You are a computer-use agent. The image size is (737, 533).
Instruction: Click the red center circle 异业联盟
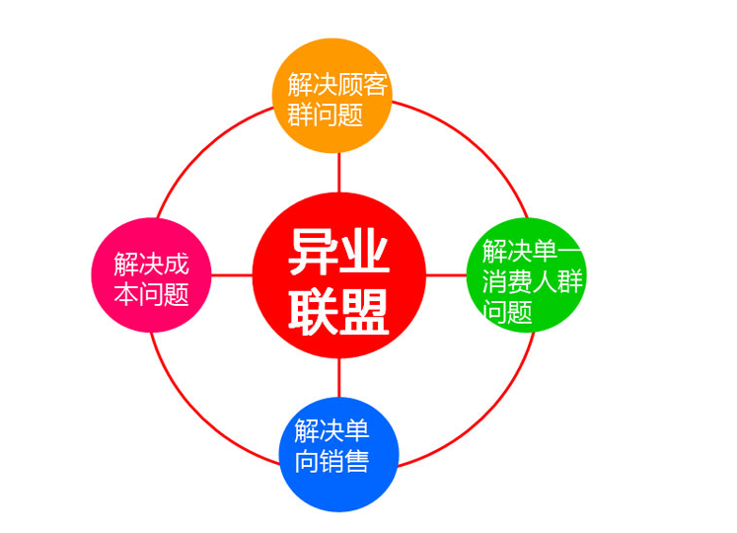[x=338, y=275]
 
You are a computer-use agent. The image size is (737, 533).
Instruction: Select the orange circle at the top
[x=332, y=96]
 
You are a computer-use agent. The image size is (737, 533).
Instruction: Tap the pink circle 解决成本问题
[x=151, y=275]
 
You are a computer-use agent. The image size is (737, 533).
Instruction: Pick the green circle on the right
[x=526, y=275]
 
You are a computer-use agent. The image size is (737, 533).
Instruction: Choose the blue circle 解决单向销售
[x=338, y=454]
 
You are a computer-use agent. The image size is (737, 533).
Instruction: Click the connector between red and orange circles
[x=338, y=173]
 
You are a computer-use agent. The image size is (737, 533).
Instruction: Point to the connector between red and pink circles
[x=232, y=275]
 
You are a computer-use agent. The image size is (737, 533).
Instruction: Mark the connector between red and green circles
[x=446, y=275]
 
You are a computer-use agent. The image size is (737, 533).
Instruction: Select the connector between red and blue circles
[x=338, y=378]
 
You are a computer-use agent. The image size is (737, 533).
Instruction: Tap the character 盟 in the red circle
[x=364, y=311]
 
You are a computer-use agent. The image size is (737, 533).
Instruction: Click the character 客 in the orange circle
[x=375, y=84]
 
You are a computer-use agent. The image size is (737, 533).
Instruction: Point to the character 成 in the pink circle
[x=177, y=264]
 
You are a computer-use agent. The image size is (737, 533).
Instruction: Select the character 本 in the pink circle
[x=126, y=294]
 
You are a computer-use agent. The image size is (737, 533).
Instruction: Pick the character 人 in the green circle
[x=545, y=281]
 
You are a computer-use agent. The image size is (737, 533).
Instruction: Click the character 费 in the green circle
[x=520, y=281]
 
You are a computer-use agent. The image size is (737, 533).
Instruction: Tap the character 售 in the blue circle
[x=357, y=461]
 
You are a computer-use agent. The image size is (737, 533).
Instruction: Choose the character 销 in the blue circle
[x=332, y=461]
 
